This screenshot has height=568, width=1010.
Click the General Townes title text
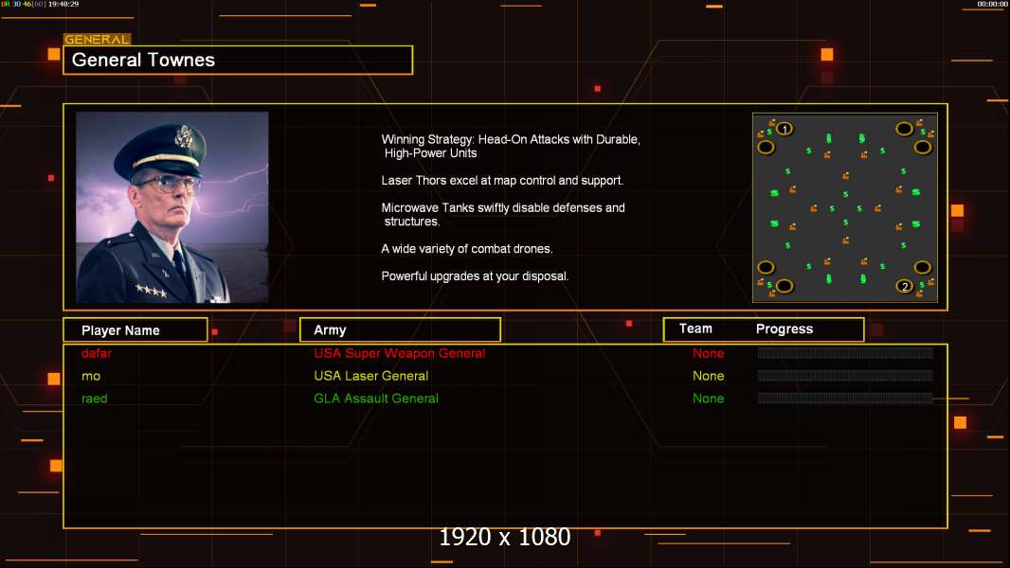143,60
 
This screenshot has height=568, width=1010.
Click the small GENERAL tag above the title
97,40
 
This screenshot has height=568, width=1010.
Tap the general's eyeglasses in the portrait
167,181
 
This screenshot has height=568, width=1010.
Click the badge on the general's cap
184,136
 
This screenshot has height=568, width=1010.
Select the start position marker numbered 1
785,129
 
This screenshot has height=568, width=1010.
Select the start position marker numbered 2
905,286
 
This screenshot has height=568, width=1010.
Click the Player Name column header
120,330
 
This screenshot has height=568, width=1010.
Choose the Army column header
330,330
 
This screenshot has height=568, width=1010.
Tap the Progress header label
785,329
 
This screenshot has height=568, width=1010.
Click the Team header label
695,328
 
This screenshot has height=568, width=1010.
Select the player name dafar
98,353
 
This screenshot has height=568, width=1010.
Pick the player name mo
91,376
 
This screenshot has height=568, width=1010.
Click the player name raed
95,399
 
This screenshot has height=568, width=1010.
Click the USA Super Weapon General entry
399,353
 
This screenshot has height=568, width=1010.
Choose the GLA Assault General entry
376,399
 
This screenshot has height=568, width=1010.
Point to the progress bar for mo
845,376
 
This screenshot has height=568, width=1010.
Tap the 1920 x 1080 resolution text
505,537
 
